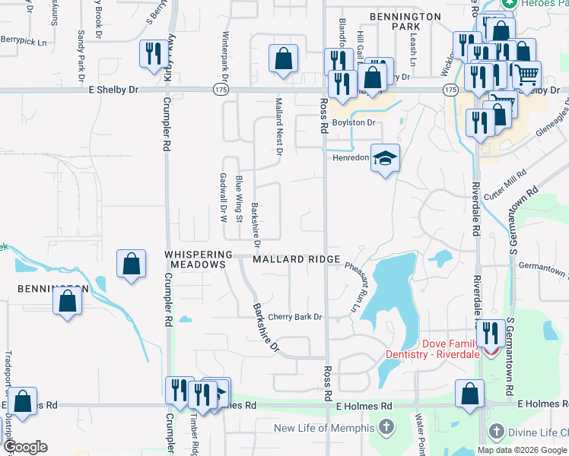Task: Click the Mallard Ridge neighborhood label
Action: (x=296, y=259)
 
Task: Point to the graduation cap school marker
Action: (x=385, y=158)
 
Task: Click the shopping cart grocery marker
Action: (x=526, y=74)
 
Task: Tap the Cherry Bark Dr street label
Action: (x=295, y=317)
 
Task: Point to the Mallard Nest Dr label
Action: (x=279, y=126)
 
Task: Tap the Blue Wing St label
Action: (x=239, y=198)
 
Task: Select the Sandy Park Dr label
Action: (x=81, y=55)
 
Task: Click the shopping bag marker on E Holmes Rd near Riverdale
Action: (x=469, y=394)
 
